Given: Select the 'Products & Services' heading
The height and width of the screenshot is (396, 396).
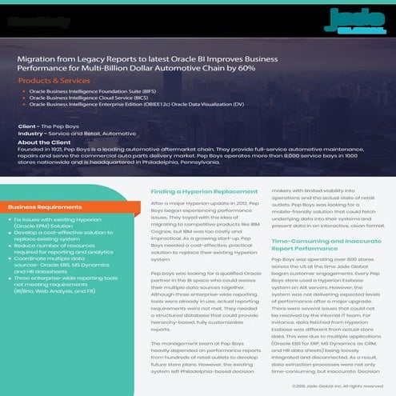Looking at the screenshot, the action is [x=54, y=82].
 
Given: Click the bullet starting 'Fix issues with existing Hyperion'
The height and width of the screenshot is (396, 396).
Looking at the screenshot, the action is [x=64, y=221].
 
